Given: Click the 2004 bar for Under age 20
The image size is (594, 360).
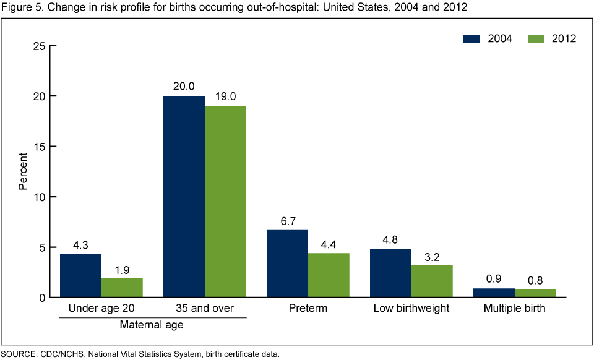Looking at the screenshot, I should click(80, 276).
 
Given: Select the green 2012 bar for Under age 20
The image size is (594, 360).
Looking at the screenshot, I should click(122, 288).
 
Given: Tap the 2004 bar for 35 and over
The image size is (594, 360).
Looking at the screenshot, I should click(184, 197).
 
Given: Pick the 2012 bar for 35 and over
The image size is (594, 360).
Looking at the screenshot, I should click(225, 202).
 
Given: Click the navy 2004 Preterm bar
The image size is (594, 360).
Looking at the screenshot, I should click(287, 264).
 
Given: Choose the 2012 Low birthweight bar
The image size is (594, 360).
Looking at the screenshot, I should click(432, 281).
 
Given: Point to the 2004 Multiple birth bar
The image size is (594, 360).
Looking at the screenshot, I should click(494, 293).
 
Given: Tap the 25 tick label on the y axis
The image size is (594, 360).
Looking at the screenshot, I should click(38, 46).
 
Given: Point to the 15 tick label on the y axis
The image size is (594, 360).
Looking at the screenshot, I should click(38, 147).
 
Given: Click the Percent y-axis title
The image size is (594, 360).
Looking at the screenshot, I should click(23, 172).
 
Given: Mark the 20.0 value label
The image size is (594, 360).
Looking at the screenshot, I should click(184, 87).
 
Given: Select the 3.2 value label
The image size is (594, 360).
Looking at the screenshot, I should click(432, 255).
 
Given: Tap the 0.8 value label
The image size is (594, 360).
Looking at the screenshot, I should click(535, 280).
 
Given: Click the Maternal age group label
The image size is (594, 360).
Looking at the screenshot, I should click(153, 323).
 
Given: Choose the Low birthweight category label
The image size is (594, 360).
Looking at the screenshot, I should click(411, 308).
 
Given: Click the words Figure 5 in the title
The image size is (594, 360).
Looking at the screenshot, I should click(20, 7).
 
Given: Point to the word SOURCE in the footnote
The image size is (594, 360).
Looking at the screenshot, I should click(18, 354).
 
